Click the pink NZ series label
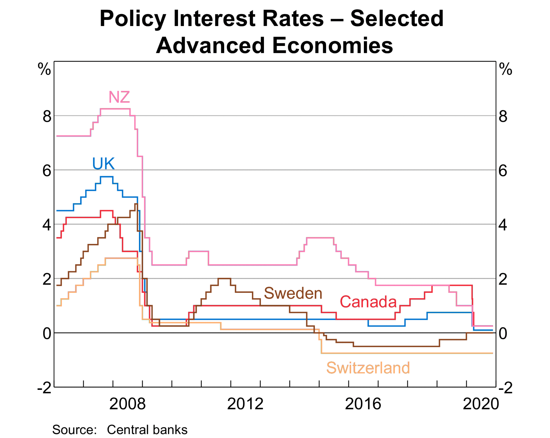[x=119, y=97]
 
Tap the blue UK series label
[x=103, y=164]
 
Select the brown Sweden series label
[x=293, y=293]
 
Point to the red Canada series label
[x=368, y=302]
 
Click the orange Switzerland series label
[x=368, y=368]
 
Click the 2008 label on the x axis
[x=127, y=404]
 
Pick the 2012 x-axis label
[x=245, y=404]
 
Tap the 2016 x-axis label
[x=363, y=404]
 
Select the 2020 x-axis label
[x=481, y=404]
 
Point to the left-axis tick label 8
[x=47, y=117]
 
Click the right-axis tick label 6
[x=503, y=171]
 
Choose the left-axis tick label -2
[x=45, y=388]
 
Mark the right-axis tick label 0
[x=503, y=334]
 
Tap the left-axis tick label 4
[x=47, y=225]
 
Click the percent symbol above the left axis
[x=44, y=69]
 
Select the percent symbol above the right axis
[x=505, y=69]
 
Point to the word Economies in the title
[x=332, y=45]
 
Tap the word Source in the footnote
[x=74, y=430]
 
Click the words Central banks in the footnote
[x=147, y=430]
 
